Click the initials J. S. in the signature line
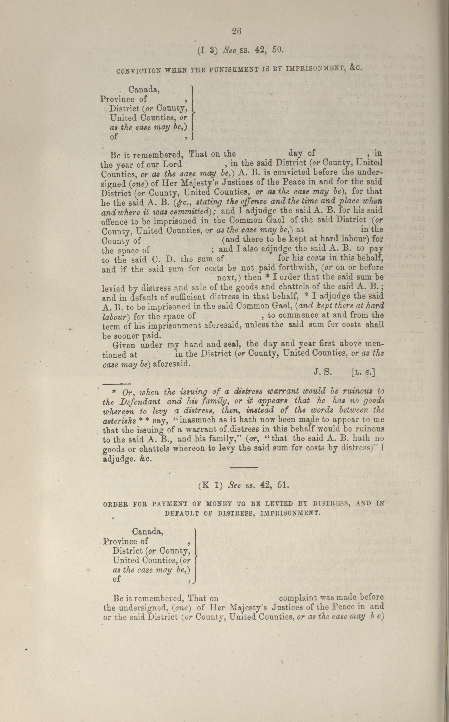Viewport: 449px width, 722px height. [322, 372]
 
